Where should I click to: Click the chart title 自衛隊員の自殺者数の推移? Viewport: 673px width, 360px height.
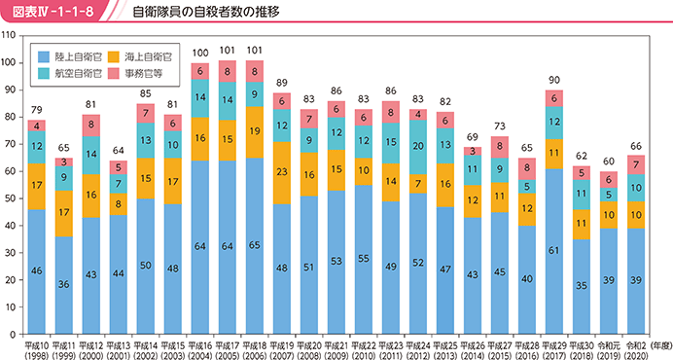click(x=206, y=11)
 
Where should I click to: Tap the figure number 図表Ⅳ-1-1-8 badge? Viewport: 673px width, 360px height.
click(x=53, y=11)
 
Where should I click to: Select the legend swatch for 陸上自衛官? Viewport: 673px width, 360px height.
click(x=44, y=56)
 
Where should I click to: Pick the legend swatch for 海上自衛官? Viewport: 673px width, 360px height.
click(x=114, y=56)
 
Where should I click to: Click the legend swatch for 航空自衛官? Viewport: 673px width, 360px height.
click(x=44, y=74)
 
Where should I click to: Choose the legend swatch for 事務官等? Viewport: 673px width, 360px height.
click(x=114, y=74)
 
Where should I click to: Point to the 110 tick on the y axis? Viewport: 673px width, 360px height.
click(x=9, y=35)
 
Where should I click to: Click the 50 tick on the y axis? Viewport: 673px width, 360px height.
click(x=11, y=198)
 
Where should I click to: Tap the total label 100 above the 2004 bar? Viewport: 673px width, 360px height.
click(x=200, y=53)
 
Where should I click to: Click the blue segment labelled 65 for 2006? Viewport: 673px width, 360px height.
click(x=255, y=246)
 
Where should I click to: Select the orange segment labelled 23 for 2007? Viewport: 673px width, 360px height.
click(x=282, y=172)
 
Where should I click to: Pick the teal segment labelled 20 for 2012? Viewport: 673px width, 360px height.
click(x=418, y=147)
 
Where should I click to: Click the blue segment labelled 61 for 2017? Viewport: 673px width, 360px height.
click(x=554, y=251)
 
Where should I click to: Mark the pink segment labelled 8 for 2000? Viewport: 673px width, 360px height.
click(x=91, y=126)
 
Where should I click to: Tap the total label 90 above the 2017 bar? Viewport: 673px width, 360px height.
click(x=554, y=80)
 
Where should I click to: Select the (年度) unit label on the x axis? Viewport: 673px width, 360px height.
click(x=660, y=345)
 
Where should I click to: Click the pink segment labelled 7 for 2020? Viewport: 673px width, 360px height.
click(x=636, y=164)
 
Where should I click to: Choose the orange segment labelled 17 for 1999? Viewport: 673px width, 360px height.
click(x=64, y=213)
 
